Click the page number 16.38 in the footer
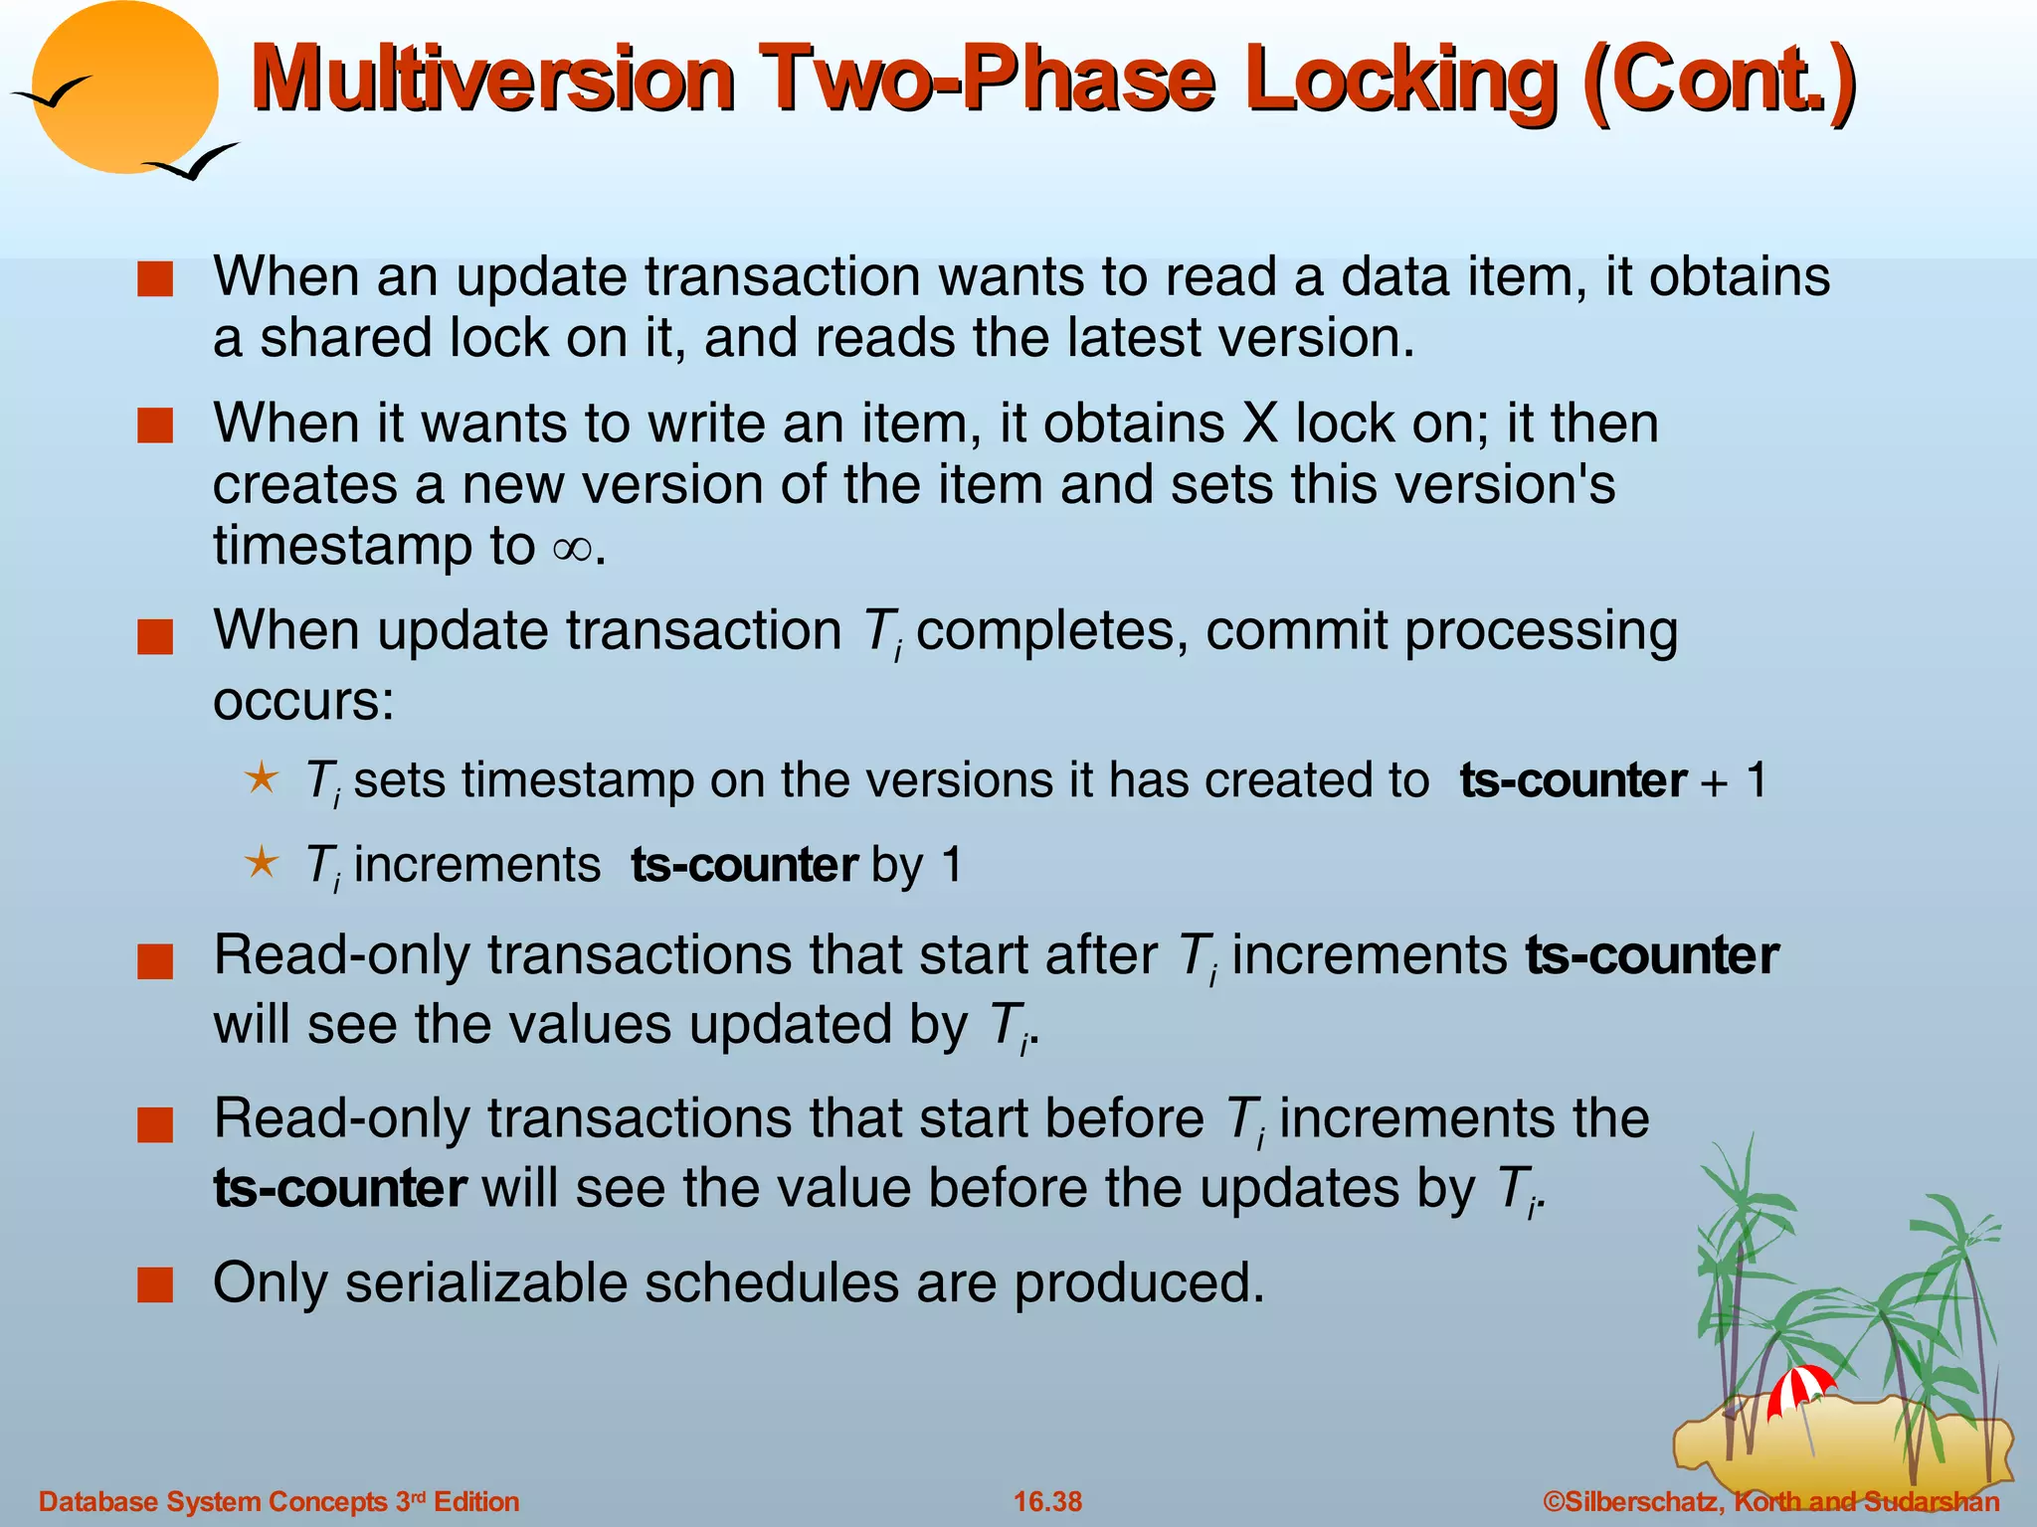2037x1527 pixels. coord(1047,1501)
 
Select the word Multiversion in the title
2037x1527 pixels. coord(492,80)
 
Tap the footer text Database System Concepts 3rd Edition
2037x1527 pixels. coord(278,1501)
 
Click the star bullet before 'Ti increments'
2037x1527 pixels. coord(262,862)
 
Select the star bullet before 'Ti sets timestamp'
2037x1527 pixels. coord(262,777)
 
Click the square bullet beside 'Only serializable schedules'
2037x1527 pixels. coord(155,1285)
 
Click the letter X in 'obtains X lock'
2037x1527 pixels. coord(1260,424)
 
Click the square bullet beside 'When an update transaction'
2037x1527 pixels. coord(155,279)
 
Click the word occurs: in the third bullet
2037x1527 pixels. coord(303,701)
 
